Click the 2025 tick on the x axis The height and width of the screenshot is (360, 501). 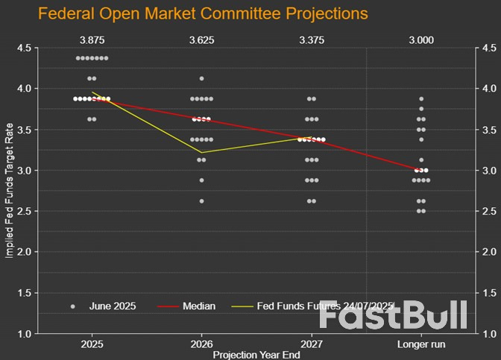point(92,345)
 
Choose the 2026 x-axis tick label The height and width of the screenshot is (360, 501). point(201,345)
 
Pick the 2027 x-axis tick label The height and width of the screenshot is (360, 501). point(312,345)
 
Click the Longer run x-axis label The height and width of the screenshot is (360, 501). point(421,345)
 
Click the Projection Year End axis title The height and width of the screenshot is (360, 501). point(256,355)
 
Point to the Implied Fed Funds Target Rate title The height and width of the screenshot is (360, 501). point(9,191)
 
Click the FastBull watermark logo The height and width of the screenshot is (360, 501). point(393,316)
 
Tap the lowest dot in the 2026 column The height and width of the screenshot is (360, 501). point(201,201)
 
